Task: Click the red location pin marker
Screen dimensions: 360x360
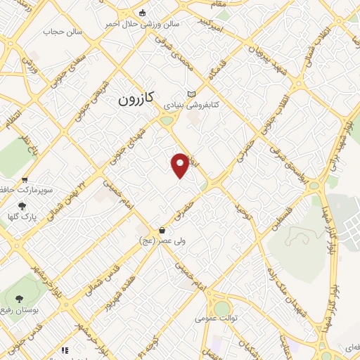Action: click(181, 165)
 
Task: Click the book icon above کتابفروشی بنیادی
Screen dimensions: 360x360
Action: click(191, 94)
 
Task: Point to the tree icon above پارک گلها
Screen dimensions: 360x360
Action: click(22, 206)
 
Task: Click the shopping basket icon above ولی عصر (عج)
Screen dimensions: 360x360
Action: click(162, 230)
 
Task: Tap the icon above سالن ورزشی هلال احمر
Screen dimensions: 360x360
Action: click(143, 13)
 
